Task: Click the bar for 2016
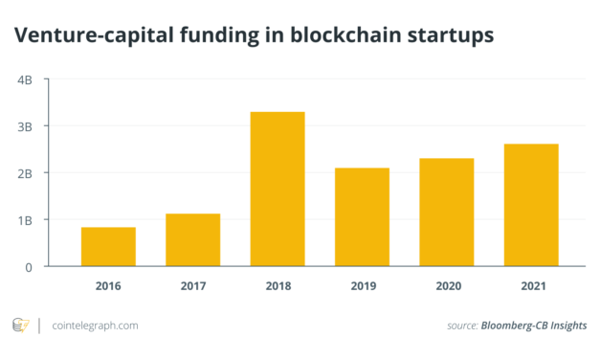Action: (x=108, y=246)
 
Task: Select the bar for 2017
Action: (x=192, y=239)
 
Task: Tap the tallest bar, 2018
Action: (x=278, y=189)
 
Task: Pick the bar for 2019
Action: (x=362, y=216)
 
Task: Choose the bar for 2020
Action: (x=446, y=212)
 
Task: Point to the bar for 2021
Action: (x=531, y=205)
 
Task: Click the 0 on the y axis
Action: (x=30, y=266)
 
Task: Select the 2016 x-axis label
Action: (x=108, y=285)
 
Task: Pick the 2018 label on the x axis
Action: (x=278, y=285)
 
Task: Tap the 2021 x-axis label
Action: (x=531, y=285)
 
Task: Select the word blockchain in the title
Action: (x=352, y=35)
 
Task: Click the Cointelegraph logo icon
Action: (x=20, y=326)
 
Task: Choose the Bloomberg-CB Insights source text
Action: (x=536, y=326)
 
